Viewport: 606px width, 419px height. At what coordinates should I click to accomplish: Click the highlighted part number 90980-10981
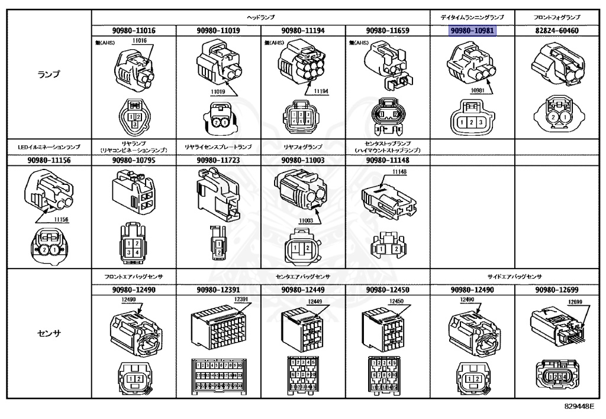[x=472, y=31]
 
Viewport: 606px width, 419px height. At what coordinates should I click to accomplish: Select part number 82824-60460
[x=556, y=31]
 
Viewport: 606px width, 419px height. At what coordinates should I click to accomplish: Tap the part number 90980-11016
[x=134, y=31]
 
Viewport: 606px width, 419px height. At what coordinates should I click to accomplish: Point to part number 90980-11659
[x=388, y=31]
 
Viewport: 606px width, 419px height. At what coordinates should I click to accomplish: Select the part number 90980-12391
[x=218, y=290]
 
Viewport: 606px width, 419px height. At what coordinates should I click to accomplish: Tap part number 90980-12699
[x=556, y=290]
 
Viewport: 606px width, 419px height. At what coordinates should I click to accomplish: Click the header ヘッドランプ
[x=260, y=18]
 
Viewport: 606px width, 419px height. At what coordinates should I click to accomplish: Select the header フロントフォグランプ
[x=556, y=18]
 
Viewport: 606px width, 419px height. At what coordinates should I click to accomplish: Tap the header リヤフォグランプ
[x=303, y=146]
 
